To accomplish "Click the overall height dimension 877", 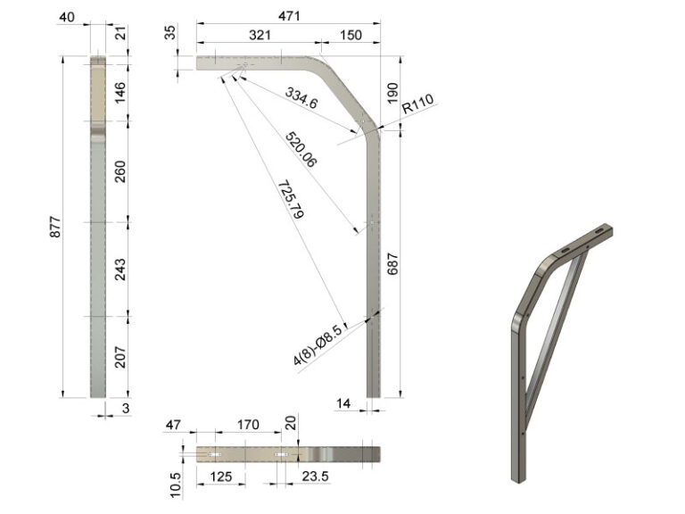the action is pos(55,227).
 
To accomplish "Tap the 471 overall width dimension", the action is pos(289,16).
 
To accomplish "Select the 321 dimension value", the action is pos(260,35).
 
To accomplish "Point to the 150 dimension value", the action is pos(351,35).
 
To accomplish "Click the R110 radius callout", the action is pos(417,104).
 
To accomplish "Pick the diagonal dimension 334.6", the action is pos(301,98).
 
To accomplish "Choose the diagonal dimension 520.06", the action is pos(301,150).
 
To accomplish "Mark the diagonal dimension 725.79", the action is pos(291,199).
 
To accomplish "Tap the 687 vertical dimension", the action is pos(392,264).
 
